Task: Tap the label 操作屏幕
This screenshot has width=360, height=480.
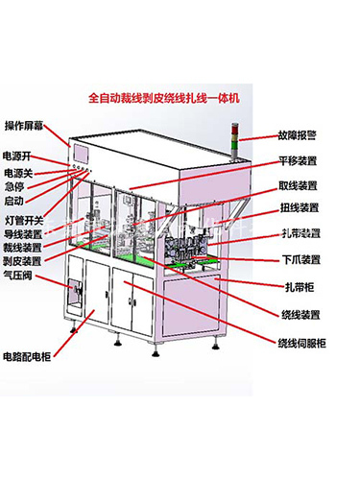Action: [x=26, y=126]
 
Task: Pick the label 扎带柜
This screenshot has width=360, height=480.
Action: [x=294, y=285]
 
